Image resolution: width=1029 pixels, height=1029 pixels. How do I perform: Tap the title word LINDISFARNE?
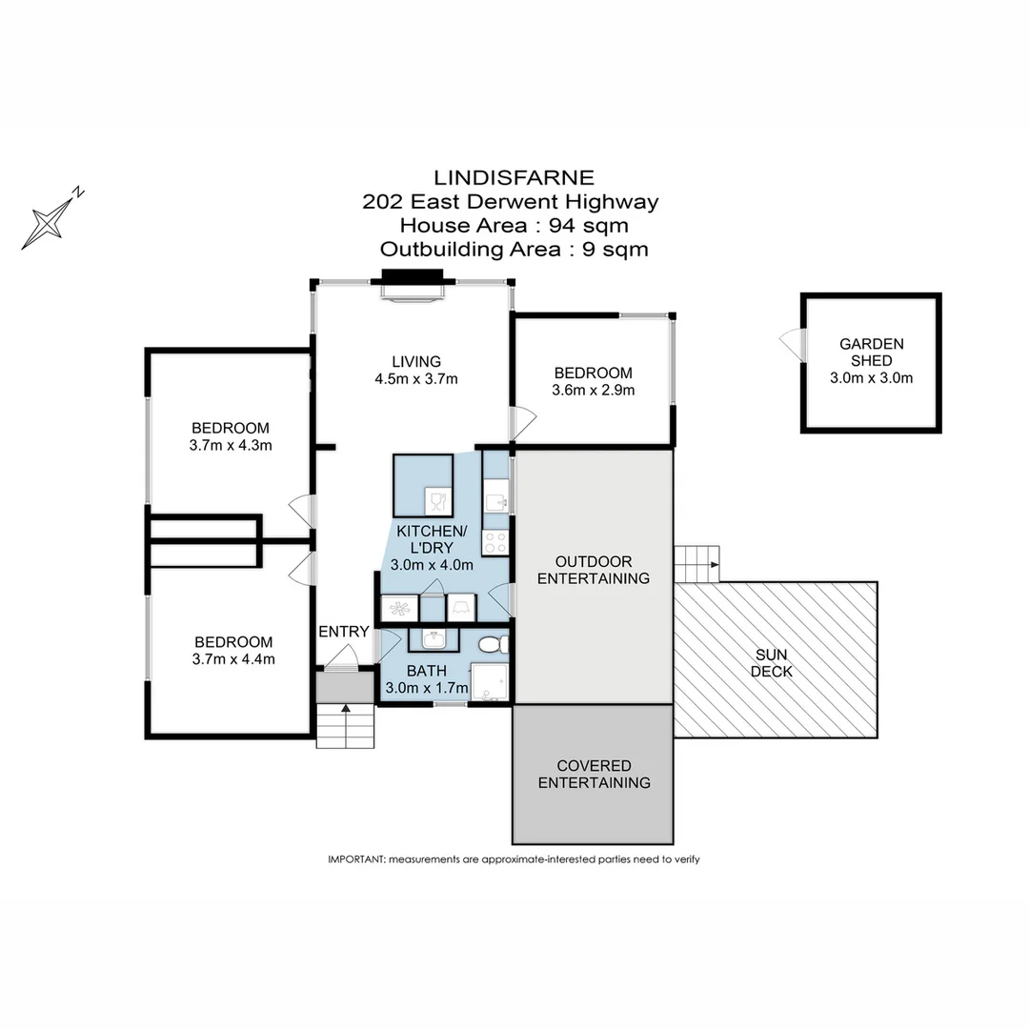point(514,177)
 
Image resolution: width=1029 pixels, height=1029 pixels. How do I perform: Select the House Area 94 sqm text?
point(514,226)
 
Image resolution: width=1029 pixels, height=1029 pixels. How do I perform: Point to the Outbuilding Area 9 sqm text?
point(514,250)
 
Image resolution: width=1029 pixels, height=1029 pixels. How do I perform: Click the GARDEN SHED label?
point(871,353)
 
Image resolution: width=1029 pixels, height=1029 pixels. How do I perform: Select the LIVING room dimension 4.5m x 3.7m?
point(416,378)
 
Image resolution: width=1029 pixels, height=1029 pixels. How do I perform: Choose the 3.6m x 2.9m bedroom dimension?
point(593,390)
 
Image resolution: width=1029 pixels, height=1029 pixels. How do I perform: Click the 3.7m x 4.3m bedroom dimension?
point(230,445)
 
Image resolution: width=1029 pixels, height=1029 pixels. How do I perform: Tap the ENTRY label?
point(343,632)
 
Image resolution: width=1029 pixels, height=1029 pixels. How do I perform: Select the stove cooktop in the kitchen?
point(495,543)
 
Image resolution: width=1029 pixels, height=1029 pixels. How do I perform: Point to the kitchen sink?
point(494,500)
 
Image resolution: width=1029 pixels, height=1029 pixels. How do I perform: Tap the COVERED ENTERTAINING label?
point(594,774)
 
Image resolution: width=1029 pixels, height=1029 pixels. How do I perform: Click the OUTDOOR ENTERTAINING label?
point(594,570)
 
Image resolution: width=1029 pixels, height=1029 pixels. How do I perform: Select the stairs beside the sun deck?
point(696,564)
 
